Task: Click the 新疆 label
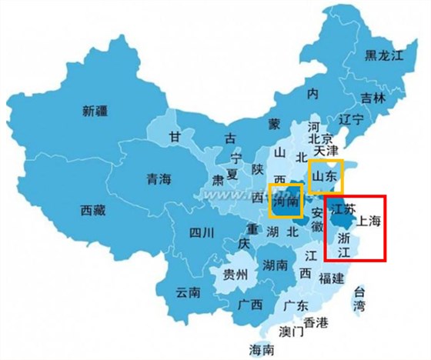point(96,111)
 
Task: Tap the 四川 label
point(189,232)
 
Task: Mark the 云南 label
point(188,292)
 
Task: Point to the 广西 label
point(250,305)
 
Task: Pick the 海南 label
point(262,350)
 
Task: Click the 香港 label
point(316,322)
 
